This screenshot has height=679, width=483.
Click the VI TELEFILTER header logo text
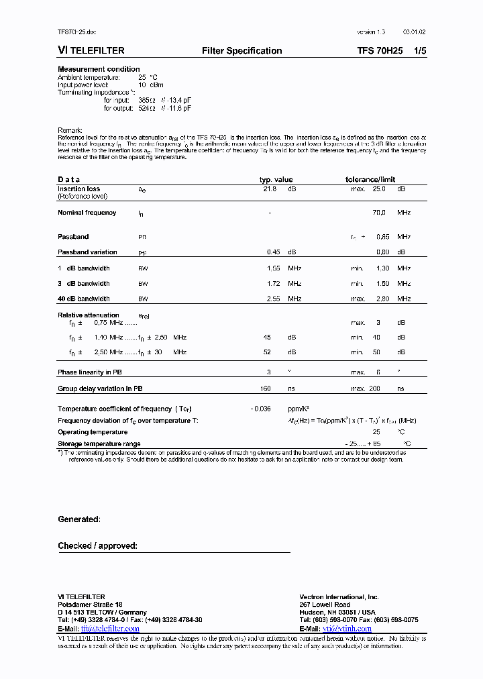click(91, 51)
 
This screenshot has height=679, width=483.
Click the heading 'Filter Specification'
click(241, 51)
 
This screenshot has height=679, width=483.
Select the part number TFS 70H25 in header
click(380, 51)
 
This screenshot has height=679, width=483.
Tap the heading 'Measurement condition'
click(99, 69)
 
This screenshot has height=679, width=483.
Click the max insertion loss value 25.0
click(379, 189)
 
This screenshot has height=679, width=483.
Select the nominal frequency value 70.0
click(379, 213)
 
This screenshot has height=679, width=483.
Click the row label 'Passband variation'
click(87, 252)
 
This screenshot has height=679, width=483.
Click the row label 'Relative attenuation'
click(89, 315)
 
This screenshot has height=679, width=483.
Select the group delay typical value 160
click(265, 388)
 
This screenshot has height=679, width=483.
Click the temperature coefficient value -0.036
click(261, 409)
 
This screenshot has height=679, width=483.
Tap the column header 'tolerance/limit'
click(370, 180)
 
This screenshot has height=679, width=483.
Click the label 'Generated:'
click(79, 519)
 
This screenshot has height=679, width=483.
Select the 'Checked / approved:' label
click(97, 546)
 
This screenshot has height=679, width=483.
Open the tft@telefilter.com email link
click(110, 629)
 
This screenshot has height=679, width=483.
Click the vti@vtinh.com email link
click(347, 629)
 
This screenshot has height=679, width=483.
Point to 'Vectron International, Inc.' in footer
click(339, 596)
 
